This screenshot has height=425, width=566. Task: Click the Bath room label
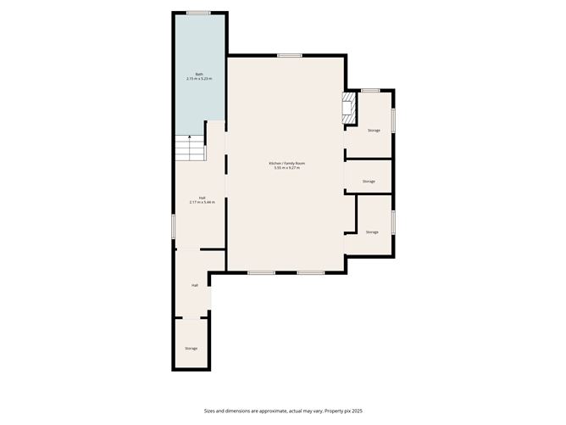(199, 74)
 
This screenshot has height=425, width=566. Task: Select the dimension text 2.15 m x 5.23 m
(199, 78)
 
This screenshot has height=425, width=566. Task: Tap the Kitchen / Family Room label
(286, 163)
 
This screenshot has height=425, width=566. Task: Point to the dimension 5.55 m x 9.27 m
(286, 167)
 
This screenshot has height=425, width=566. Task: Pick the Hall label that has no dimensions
(195, 285)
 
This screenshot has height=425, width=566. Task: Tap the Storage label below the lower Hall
(191, 348)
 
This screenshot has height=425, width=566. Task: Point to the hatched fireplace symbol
(346, 109)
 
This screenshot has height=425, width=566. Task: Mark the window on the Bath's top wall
(199, 13)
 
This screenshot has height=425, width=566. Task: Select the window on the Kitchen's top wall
(289, 56)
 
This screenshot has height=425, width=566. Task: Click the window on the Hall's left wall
(174, 226)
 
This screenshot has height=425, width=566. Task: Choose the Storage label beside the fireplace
(374, 130)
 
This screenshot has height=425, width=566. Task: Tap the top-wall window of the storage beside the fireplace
(369, 90)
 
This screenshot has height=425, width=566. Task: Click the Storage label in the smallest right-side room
(369, 182)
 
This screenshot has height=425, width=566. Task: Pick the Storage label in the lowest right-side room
(372, 232)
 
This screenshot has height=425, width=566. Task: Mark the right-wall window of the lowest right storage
(393, 221)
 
